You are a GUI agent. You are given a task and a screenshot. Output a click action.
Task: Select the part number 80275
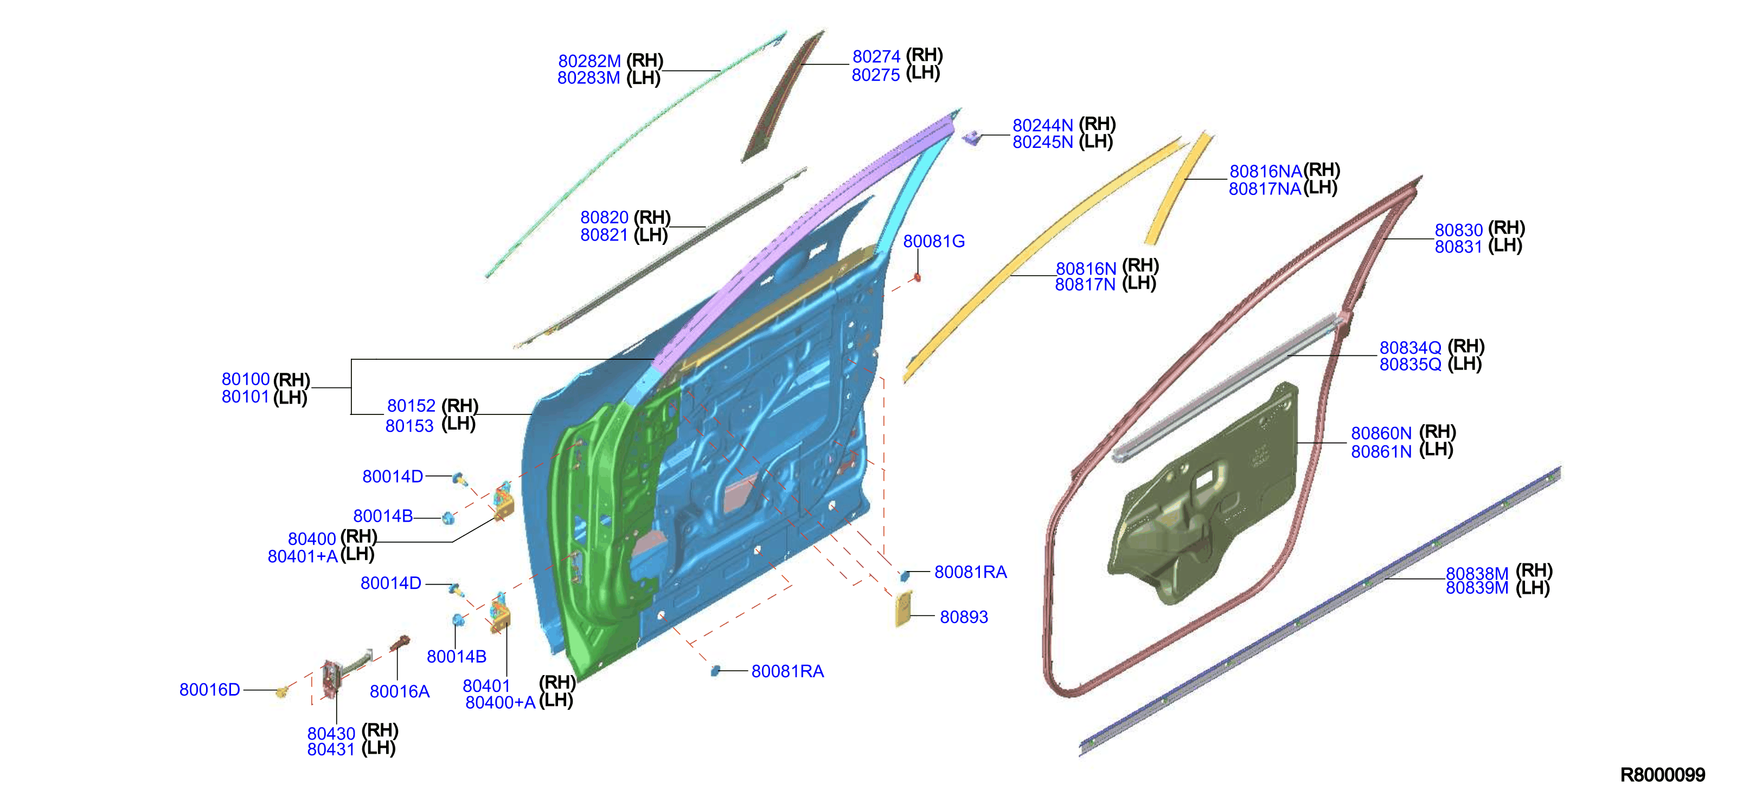875,75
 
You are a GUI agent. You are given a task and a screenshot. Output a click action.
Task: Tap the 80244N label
1043,125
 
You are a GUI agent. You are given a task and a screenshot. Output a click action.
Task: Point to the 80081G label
934,242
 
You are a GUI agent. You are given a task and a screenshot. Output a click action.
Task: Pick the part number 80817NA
1265,189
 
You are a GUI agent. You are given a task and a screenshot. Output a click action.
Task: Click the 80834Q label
1411,348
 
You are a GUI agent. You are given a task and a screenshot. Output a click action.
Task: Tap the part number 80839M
1477,588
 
